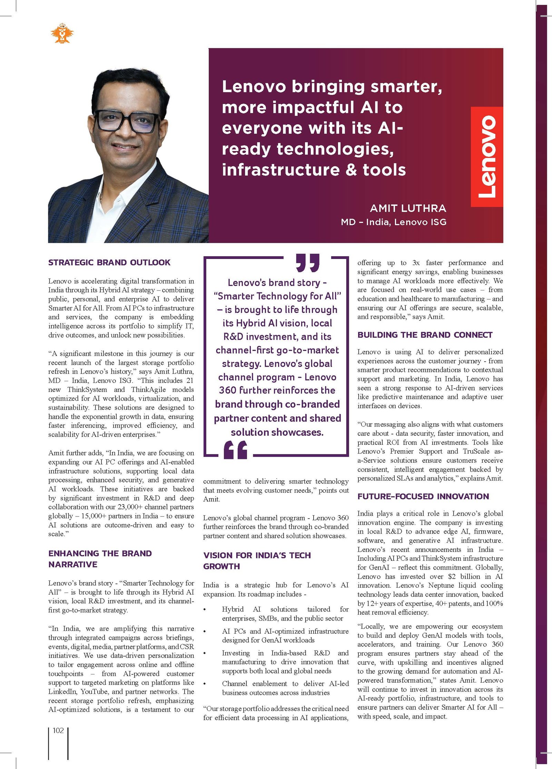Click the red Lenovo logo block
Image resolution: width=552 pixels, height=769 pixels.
[x=487, y=157]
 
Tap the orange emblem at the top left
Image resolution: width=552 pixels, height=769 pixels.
[x=62, y=33]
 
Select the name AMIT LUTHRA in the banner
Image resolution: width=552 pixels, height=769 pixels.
[x=408, y=208]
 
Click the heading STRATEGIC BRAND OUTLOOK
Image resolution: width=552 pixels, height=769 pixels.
[x=109, y=262]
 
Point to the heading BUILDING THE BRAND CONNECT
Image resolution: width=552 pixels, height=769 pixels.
[x=425, y=335]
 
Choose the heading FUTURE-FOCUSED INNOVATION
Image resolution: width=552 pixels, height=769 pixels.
[x=423, y=497]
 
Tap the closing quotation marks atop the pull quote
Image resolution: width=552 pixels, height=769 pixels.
[x=307, y=263]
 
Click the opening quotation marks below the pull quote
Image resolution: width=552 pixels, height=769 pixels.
[x=236, y=450]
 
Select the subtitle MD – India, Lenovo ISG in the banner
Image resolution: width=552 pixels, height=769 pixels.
[x=394, y=222]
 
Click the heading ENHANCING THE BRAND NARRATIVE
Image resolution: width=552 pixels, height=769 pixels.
[x=100, y=559]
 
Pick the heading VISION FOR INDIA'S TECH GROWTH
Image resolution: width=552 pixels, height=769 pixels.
[x=257, y=560]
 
